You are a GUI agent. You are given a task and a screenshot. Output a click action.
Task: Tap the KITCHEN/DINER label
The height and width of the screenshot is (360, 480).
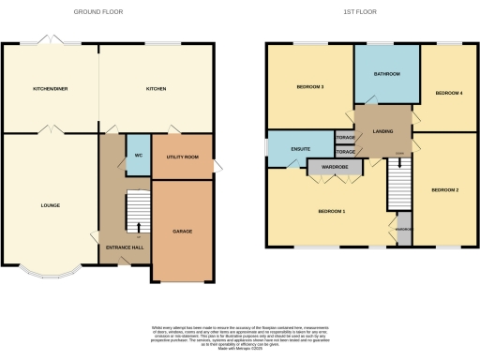[50, 89]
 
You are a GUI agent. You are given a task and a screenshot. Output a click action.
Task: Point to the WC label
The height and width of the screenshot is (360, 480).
[138, 155]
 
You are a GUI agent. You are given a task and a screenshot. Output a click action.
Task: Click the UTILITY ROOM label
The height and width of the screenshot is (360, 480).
[182, 157]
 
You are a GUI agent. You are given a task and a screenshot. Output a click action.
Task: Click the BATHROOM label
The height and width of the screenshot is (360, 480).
[387, 74]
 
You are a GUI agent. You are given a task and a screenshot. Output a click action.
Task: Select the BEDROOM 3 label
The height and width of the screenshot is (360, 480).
[309, 87]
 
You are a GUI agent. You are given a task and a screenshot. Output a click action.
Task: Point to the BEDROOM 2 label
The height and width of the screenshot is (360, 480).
[444, 190]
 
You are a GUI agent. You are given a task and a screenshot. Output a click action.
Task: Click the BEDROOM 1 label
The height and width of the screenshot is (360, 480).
[332, 211]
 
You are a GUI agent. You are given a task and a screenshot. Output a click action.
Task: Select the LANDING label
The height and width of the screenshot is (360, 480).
[383, 131]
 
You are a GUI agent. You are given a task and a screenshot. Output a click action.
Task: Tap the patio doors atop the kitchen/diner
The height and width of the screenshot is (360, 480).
[49, 41]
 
